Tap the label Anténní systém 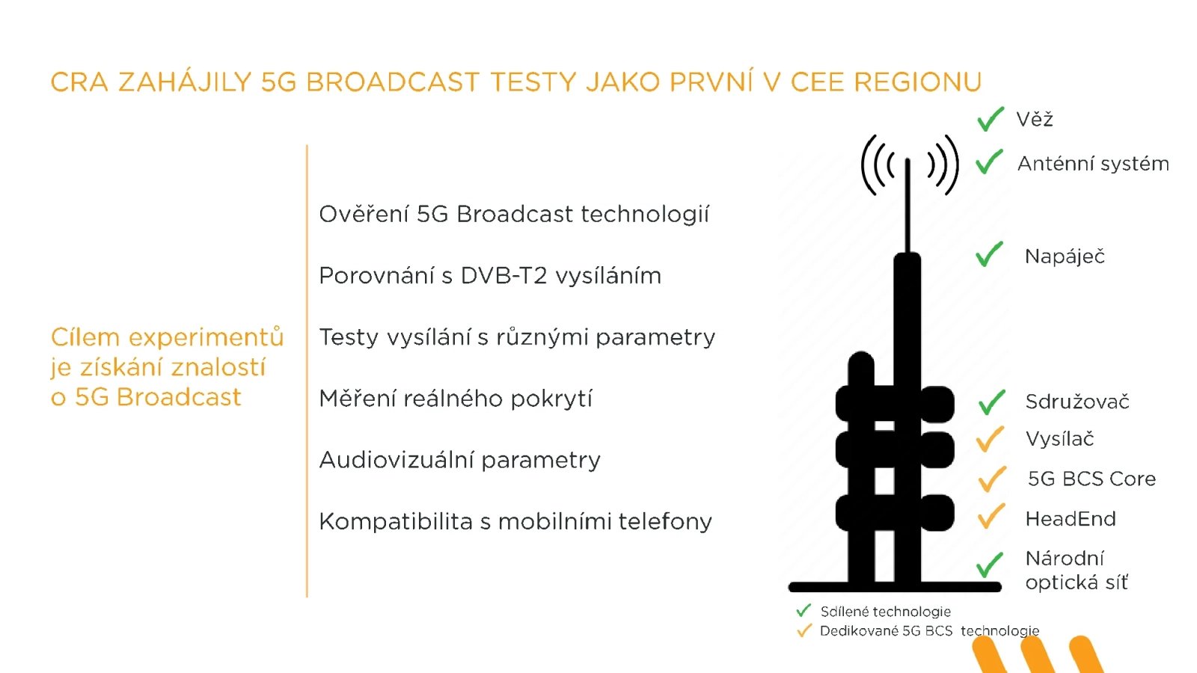[x=1092, y=164]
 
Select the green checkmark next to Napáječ [x=988, y=255]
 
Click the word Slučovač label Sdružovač [x=1077, y=402]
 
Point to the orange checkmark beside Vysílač [x=990, y=439]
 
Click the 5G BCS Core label [x=1092, y=479]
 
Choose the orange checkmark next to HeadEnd [x=991, y=517]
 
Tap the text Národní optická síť [x=1076, y=570]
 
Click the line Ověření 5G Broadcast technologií [x=513, y=215]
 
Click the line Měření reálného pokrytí [x=455, y=399]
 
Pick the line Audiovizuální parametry [x=459, y=460]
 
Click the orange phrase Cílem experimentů [x=167, y=337]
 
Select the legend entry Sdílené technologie [x=885, y=612]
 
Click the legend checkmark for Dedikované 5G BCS [x=804, y=630]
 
